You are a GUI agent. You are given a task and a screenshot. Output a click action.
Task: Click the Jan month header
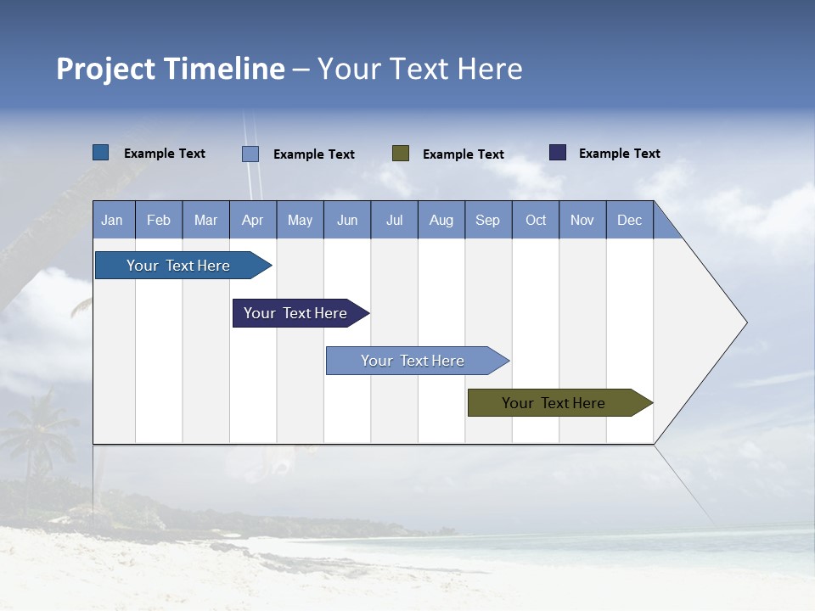(x=112, y=220)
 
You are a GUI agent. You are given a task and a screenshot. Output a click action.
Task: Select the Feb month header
(x=159, y=220)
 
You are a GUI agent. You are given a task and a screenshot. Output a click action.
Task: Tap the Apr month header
(x=252, y=220)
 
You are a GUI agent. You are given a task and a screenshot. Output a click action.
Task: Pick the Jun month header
(x=347, y=220)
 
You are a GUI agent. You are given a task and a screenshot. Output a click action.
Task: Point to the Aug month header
(x=441, y=220)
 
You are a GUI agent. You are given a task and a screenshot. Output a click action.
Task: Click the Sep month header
(x=487, y=220)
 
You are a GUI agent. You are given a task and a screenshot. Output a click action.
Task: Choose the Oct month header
(x=536, y=220)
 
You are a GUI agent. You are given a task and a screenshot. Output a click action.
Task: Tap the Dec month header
(x=629, y=220)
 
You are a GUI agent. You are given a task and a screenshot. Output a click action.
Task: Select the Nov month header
(x=582, y=220)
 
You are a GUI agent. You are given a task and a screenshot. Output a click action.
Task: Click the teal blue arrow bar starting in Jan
(x=178, y=266)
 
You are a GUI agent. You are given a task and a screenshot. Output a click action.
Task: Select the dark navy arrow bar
(x=295, y=313)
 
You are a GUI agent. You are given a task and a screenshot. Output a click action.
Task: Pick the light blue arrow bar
(x=413, y=361)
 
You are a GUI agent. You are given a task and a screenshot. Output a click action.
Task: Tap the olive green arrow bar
(x=554, y=403)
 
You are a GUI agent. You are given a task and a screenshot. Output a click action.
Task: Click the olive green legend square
(x=401, y=154)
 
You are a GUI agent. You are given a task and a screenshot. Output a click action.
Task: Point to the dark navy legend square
(x=558, y=153)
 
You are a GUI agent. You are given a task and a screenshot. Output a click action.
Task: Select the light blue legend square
(x=250, y=154)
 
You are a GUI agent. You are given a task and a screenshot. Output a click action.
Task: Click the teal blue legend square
(x=101, y=153)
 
